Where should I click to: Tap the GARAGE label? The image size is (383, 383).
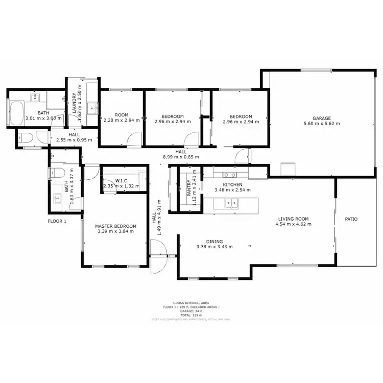[x=322, y=118]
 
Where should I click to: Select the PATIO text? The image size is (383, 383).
[x=351, y=219]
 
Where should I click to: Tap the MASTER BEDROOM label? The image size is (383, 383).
[x=116, y=226]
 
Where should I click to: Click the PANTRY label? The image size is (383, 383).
[x=188, y=188]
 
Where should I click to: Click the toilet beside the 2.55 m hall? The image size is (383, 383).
[x=25, y=137]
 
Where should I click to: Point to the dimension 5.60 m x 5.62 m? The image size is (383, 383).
[x=322, y=124]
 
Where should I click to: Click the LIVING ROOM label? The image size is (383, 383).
[x=292, y=219]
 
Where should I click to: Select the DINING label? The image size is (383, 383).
[x=214, y=242]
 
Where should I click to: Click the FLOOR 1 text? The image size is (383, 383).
[x=57, y=221]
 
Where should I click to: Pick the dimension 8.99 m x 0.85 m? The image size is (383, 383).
[x=181, y=157]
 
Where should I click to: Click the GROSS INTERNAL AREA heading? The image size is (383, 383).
[x=191, y=303]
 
